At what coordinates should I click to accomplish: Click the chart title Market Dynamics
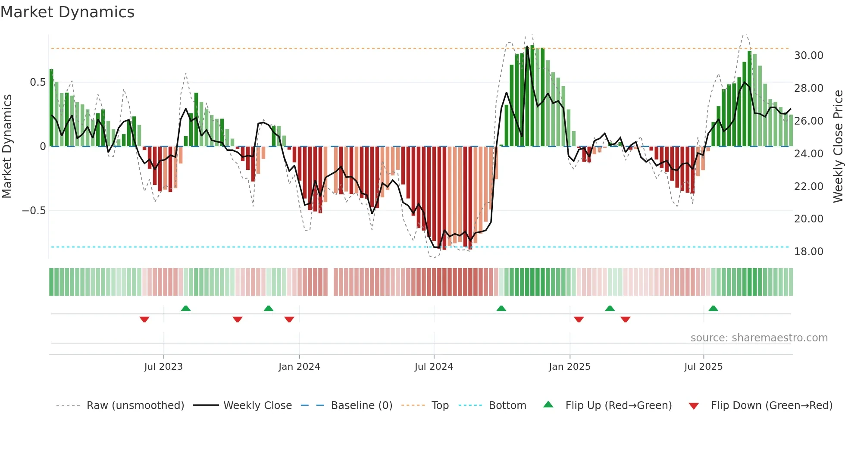(x=68, y=12)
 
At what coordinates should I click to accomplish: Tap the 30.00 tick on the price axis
(x=808, y=56)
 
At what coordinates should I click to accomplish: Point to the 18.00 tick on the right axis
(x=808, y=252)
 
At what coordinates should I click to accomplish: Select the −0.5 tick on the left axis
(x=34, y=211)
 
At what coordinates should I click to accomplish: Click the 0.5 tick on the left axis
(x=38, y=82)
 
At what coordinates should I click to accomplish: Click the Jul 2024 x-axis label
(x=434, y=367)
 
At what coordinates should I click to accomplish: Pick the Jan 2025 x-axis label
(x=570, y=367)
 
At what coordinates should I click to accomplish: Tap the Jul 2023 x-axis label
(x=163, y=367)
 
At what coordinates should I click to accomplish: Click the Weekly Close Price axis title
(x=838, y=146)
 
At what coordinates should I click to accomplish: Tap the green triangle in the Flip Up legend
(x=548, y=404)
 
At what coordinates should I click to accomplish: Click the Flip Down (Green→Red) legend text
(x=771, y=406)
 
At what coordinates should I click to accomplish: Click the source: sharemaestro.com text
(x=759, y=338)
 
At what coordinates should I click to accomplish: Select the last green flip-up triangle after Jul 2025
(x=713, y=308)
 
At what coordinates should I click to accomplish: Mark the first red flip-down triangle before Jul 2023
(x=144, y=319)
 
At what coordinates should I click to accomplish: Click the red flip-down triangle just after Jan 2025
(x=579, y=319)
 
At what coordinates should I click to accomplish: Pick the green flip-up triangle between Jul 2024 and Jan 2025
(x=501, y=308)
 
